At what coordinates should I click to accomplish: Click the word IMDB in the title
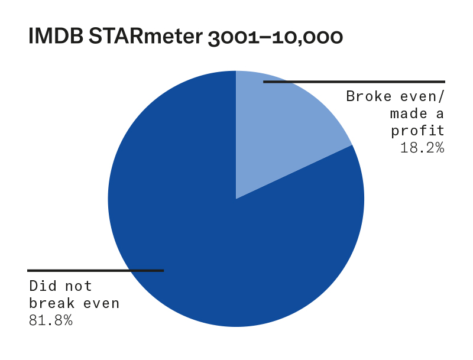coord(56,36)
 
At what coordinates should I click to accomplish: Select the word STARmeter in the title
coord(145,36)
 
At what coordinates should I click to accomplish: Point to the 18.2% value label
coord(422,148)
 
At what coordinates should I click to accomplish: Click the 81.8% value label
coord(51,320)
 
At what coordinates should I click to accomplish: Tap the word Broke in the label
coord(369,96)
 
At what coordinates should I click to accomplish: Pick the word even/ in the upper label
coord(422,96)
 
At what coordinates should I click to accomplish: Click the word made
coord(409,113)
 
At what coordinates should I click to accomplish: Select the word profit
coord(417,131)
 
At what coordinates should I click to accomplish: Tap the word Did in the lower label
coord(43,286)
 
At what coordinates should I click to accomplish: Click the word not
coord(79,286)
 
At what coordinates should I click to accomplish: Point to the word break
coord(51,303)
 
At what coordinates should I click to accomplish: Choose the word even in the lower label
coord(101,304)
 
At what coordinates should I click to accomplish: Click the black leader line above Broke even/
coord(354,82)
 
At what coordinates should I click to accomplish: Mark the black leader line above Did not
coord(96,271)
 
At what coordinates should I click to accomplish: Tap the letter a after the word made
coord(440,114)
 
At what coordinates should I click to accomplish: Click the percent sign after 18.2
coord(439,148)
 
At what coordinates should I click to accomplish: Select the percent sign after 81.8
coord(68,320)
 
